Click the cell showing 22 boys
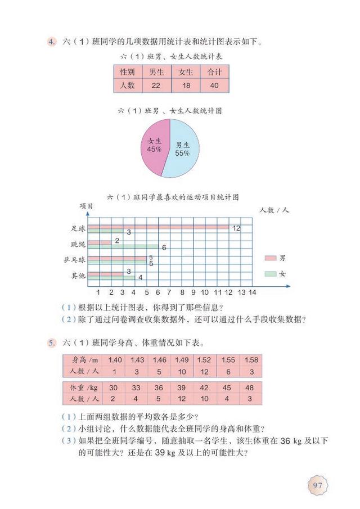[153, 85]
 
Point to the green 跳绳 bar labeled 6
[123, 247]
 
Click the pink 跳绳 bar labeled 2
[100, 242]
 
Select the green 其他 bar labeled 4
[110, 277]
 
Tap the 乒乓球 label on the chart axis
[74, 260]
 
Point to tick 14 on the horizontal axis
[253, 292]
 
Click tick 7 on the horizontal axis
[170, 292]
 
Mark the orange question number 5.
[51, 342]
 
